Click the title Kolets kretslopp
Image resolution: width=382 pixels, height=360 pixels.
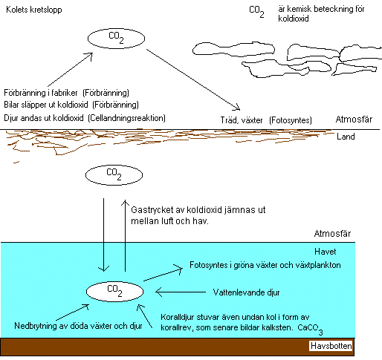pyautogui.click(x=34, y=10)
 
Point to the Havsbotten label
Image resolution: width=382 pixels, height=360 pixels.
pyautogui.click(x=331, y=346)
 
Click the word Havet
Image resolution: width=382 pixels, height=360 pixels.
pyautogui.click(x=326, y=252)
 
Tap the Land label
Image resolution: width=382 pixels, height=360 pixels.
pyautogui.click(x=346, y=137)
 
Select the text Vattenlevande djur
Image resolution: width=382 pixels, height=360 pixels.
pyautogui.click(x=246, y=292)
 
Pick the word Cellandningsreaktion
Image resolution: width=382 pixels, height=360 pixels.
pyautogui.click(x=126, y=118)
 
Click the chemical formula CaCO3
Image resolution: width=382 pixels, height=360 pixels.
pyautogui.click(x=310, y=330)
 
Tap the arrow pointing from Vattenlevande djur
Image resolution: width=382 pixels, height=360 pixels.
pyautogui.click(x=181, y=292)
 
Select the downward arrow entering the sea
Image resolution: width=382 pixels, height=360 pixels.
pyautogui.click(x=103, y=235)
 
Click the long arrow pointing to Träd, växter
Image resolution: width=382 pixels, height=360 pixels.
pyautogui.click(x=193, y=79)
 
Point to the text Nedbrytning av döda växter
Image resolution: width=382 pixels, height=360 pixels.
pyautogui.click(x=60, y=326)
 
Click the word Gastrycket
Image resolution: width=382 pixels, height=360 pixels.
pyautogui.click(x=152, y=210)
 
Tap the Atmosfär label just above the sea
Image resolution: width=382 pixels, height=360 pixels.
pyautogui.click(x=332, y=234)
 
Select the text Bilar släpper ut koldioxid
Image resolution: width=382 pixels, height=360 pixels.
pyautogui.click(x=46, y=105)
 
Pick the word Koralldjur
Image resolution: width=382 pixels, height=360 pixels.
pyautogui.click(x=175, y=318)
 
